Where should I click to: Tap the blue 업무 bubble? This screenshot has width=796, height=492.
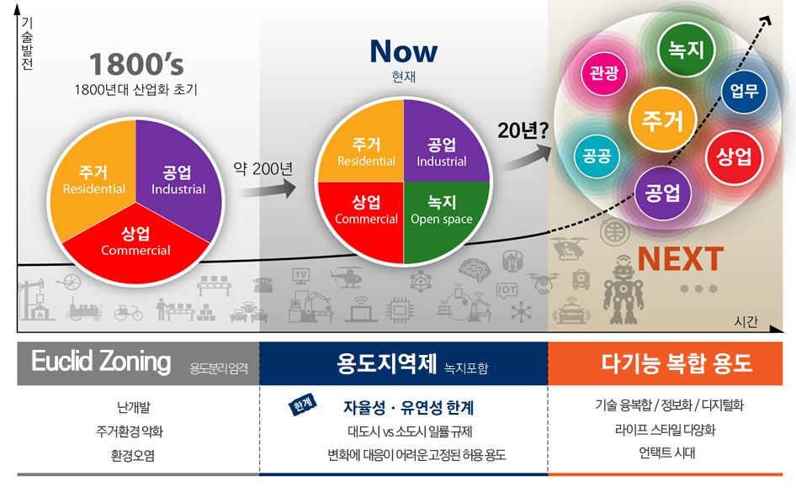click(x=744, y=90)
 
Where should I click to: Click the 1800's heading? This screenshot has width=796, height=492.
click(x=135, y=65)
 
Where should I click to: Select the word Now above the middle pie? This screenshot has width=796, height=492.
click(x=403, y=52)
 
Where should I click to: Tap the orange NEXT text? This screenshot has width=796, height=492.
click(x=680, y=257)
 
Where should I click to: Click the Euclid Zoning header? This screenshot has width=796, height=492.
click(x=101, y=362)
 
